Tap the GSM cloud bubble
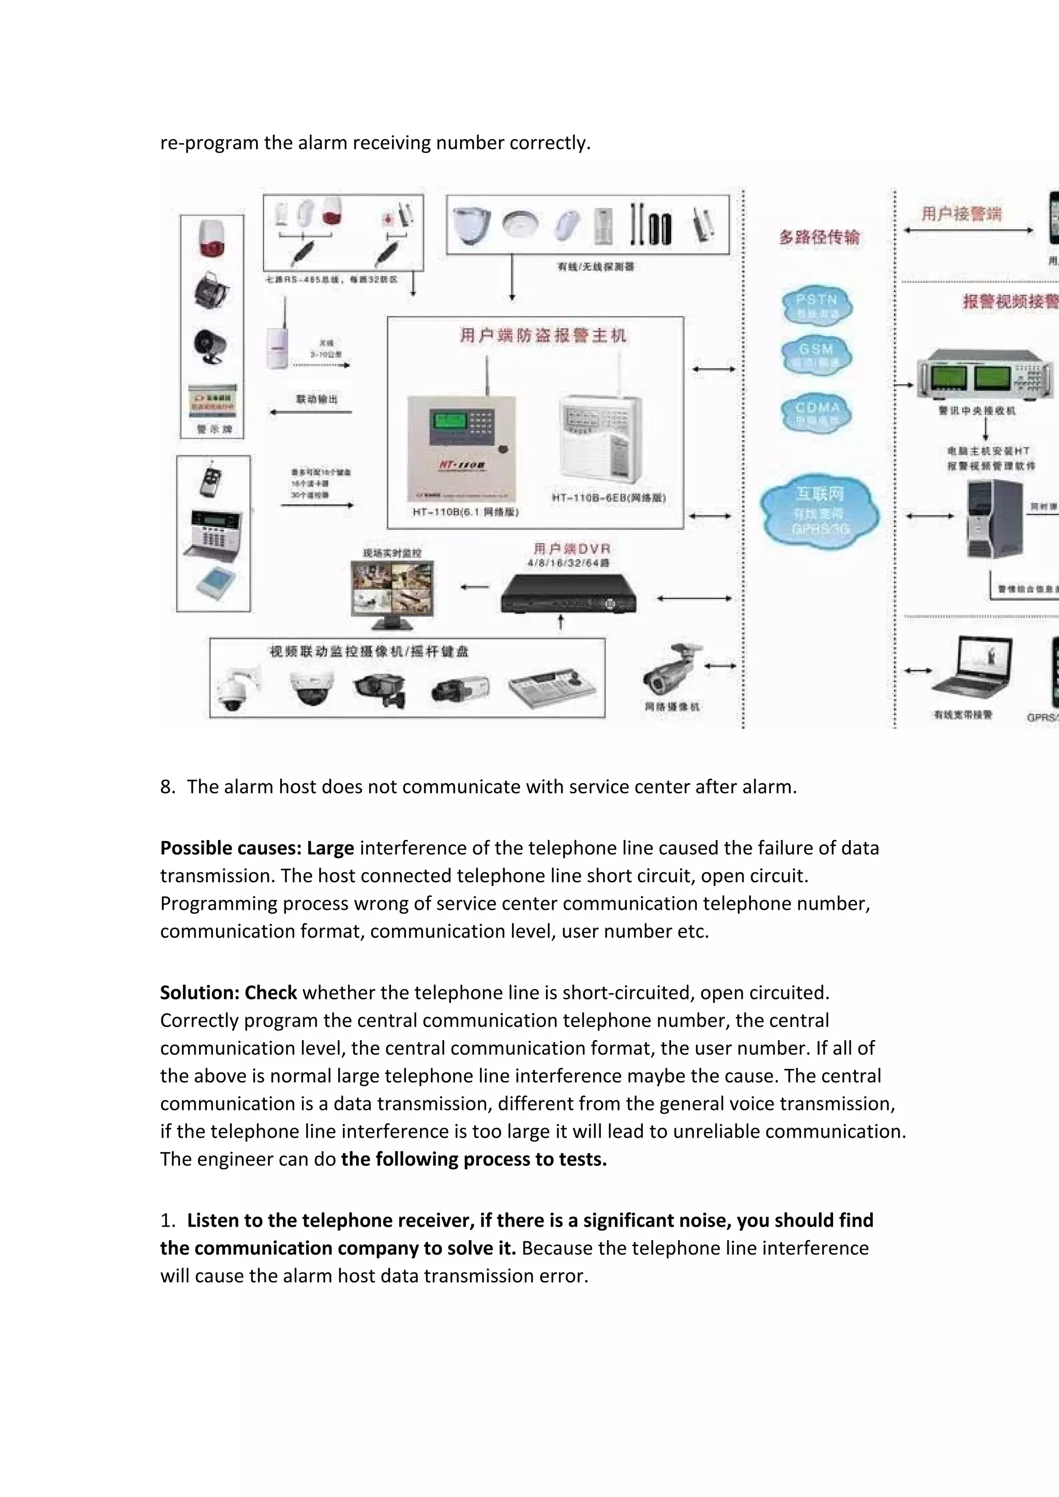click(816, 355)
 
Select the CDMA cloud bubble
click(816, 413)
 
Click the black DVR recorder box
click(567, 594)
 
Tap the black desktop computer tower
click(993, 519)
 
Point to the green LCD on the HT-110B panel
click(448, 421)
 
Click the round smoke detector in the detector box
click(520, 224)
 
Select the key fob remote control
click(210, 481)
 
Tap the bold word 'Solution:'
click(200, 993)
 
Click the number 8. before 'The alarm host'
click(168, 787)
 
